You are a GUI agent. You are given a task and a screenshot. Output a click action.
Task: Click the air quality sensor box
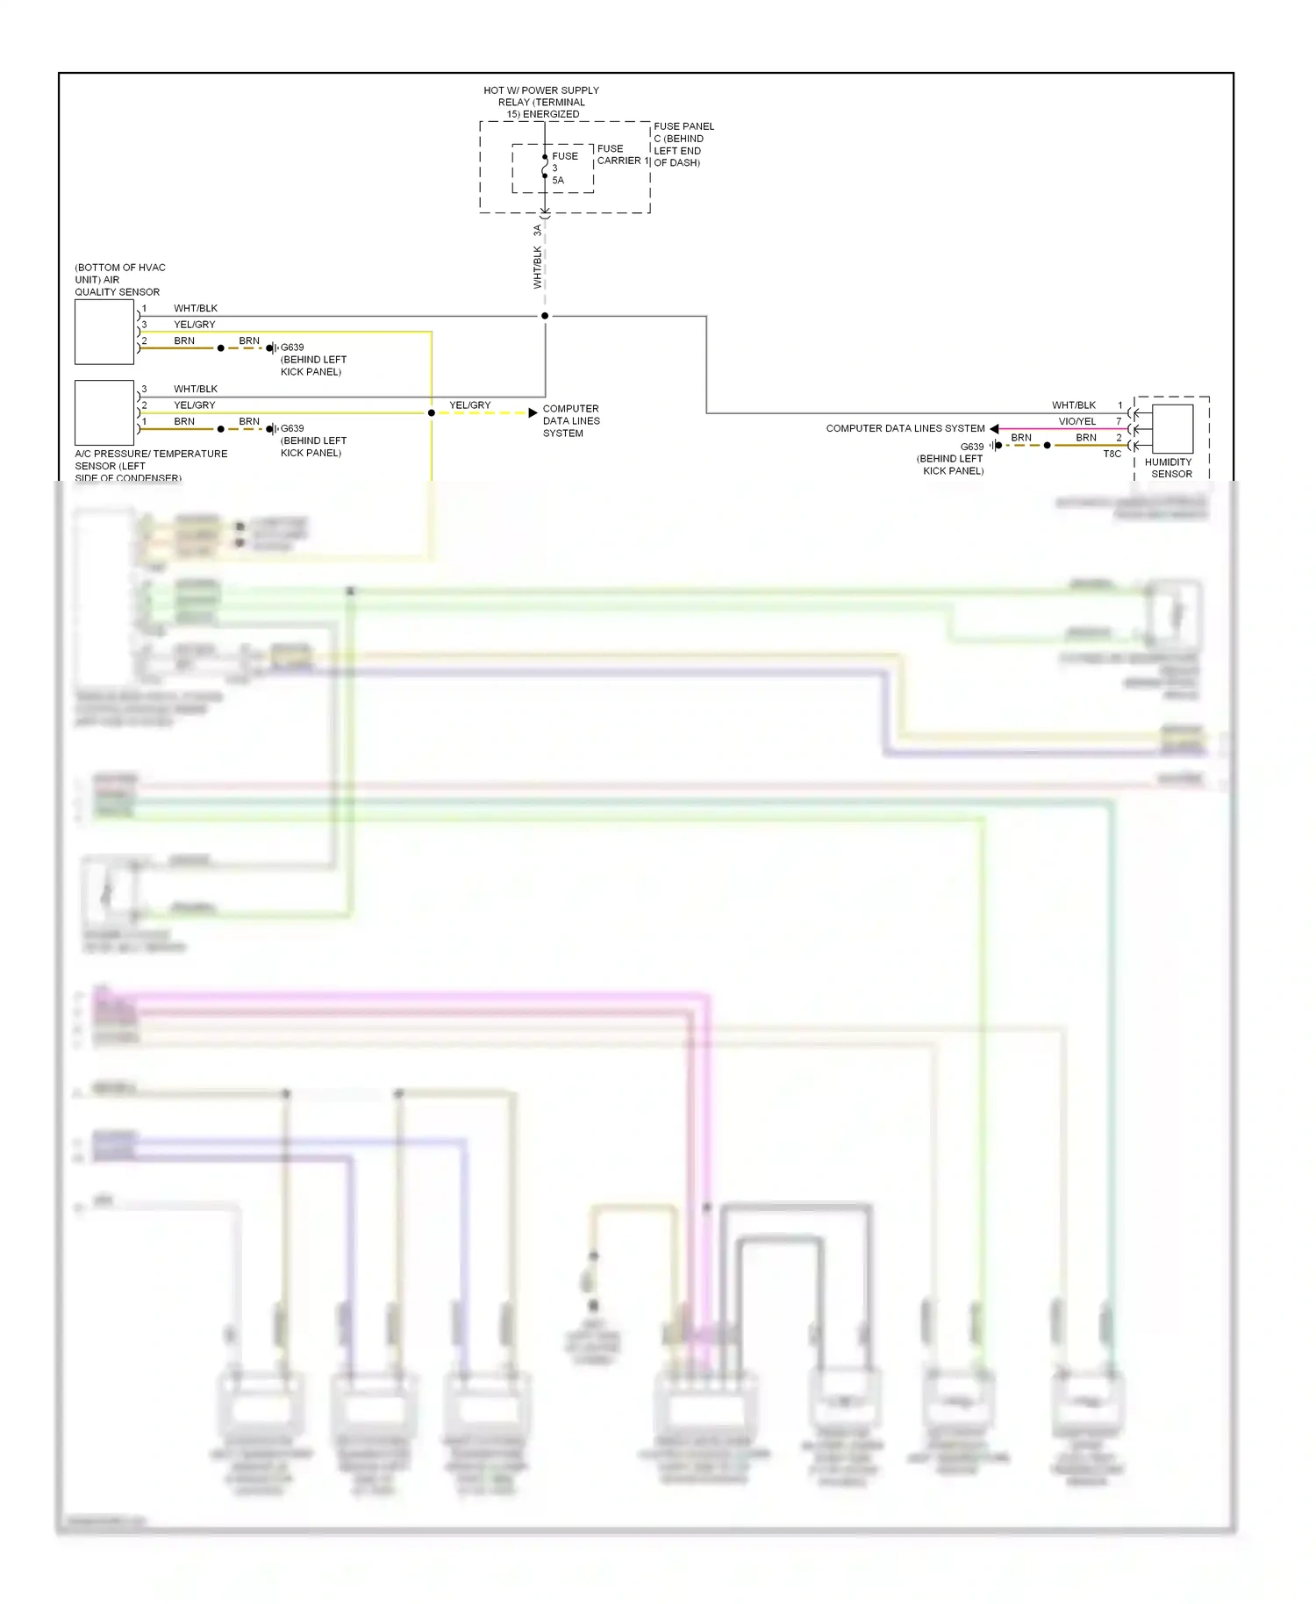(104, 333)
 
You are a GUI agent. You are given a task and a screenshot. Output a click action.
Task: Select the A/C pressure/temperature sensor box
(104, 413)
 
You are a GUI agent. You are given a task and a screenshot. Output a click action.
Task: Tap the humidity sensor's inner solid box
(1173, 428)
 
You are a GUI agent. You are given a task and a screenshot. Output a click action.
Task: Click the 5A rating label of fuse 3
(558, 181)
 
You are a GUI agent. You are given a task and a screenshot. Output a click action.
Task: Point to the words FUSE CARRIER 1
(622, 155)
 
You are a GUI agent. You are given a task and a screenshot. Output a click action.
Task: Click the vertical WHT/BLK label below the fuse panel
(538, 267)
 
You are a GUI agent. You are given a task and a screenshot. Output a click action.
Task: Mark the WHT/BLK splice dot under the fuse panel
(545, 316)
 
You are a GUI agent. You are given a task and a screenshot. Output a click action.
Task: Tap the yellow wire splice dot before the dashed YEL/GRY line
(431, 412)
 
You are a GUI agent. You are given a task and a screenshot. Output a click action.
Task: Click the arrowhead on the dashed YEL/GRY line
(533, 412)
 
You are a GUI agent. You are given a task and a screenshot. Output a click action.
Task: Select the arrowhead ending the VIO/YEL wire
(994, 429)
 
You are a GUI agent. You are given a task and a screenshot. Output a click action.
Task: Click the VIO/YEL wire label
(1076, 421)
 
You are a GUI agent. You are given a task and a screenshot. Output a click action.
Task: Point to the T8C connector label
(1112, 455)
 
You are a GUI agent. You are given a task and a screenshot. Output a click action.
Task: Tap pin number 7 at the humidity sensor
(1119, 421)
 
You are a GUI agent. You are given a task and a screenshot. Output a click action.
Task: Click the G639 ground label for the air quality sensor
(292, 347)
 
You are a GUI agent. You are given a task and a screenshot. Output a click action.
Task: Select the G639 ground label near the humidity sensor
(972, 447)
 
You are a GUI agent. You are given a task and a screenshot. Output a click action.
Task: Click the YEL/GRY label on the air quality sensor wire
(194, 325)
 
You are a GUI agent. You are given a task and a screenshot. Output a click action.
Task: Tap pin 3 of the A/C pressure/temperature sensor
(144, 389)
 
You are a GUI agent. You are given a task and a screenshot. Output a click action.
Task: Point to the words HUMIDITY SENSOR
(1169, 468)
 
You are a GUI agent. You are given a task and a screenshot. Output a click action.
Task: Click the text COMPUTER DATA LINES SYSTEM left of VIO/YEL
(905, 429)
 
